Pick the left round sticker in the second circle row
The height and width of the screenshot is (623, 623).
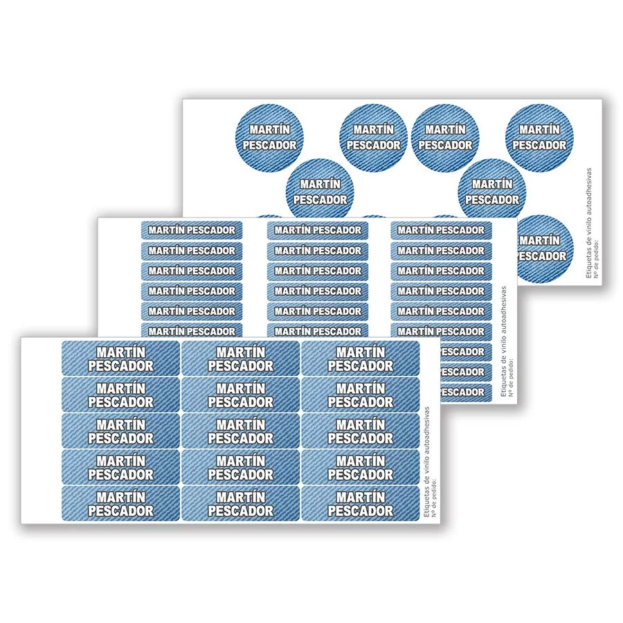click(x=320, y=192)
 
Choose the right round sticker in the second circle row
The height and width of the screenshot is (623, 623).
click(x=492, y=192)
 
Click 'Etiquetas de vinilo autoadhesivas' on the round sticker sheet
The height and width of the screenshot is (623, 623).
click(x=589, y=223)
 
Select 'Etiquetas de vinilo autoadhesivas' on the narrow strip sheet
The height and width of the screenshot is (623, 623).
click(x=504, y=341)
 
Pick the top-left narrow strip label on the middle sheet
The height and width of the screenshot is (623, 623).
click(x=192, y=230)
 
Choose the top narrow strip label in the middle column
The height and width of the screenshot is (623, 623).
click(x=318, y=230)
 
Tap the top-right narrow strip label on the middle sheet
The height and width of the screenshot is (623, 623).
click(x=441, y=230)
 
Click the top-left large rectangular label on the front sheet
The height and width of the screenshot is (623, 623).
click(x=120, y=358)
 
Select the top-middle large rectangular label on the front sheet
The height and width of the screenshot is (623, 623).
click(x=241, y=358)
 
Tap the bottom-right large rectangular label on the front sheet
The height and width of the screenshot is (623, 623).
click(x=361, y=503)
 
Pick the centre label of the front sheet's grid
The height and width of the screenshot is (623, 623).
click(x=241, y=431)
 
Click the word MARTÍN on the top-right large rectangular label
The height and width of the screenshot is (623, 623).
click(x=361, y=352)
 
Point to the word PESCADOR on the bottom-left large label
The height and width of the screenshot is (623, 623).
click(x=120, y=511)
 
